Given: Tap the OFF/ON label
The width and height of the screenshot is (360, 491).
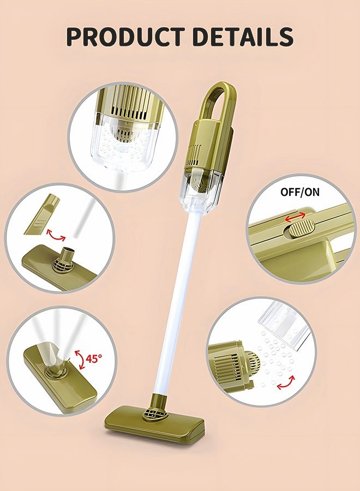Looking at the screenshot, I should [x=299, y=192].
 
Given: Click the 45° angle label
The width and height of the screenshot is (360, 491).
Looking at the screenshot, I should [x=93, y=358].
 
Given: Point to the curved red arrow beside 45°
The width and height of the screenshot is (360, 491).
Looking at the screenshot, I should [x=79, y=358].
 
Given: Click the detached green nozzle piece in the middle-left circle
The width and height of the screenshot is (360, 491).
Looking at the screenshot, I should [x=43, y=214].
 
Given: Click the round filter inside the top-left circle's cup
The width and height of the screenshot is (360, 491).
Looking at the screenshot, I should [x=122, y=130].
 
